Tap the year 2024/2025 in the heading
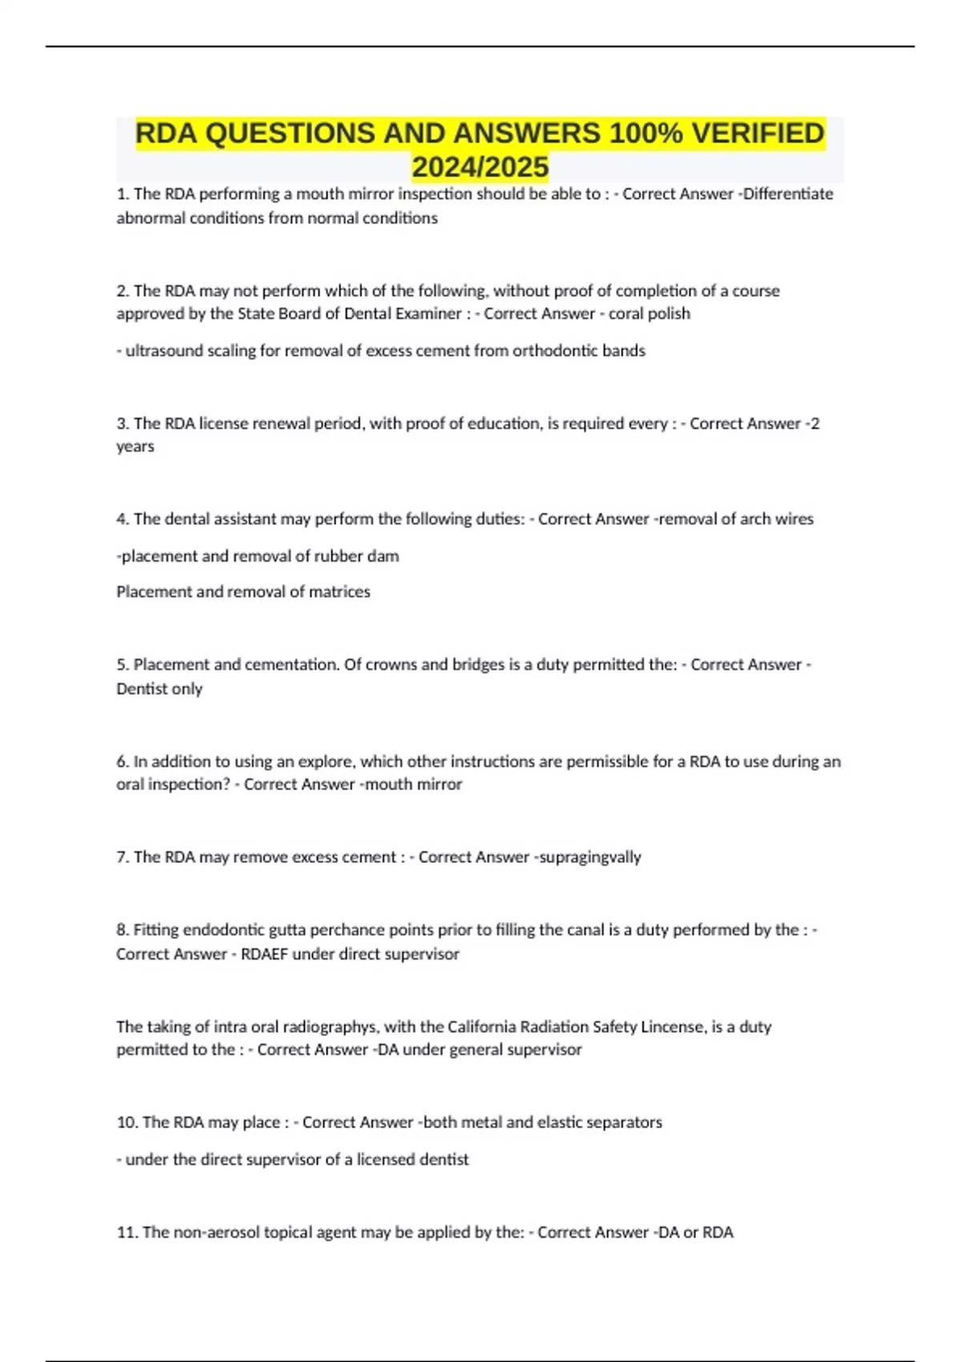coord(480,167)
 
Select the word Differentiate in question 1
coord(788,194)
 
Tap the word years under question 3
coord(135,446)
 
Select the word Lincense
coord(671,1026)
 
